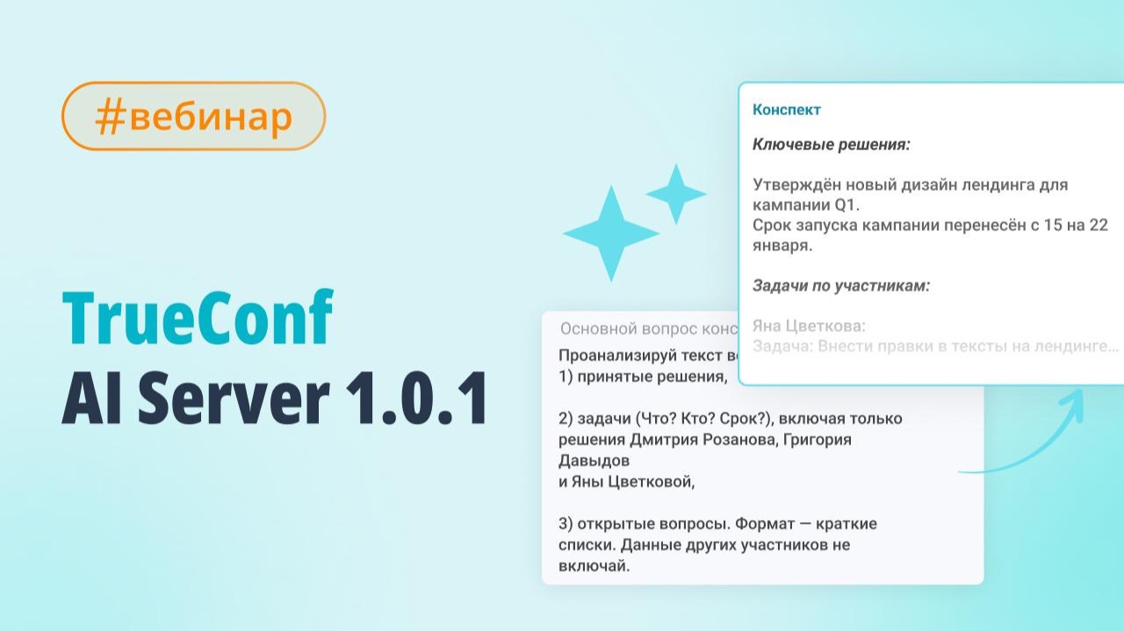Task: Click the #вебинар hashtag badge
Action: (193, 117)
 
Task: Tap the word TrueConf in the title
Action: (198, 320)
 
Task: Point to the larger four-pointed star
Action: (610, 233)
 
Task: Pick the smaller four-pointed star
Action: (676, 194)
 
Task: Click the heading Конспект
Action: (787, 110)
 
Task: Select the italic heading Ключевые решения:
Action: (831, 145)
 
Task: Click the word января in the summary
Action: (781, 246)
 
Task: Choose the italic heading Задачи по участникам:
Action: (840, 285)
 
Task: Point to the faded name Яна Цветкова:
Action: (809, 326)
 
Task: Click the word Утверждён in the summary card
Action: (794, 185)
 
